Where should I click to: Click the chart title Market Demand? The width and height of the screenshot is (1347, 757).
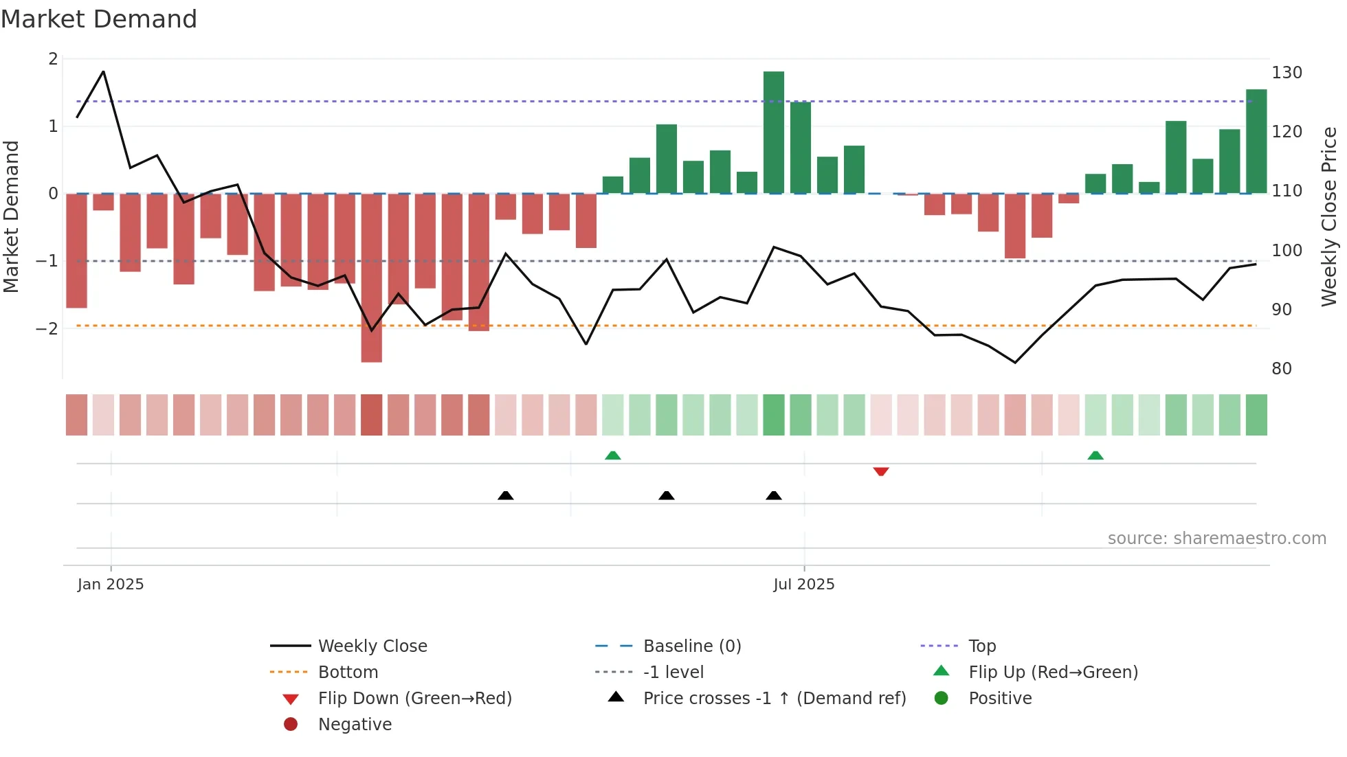(x=99, y=19)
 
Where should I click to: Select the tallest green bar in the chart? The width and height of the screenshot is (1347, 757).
(x=773, y=132)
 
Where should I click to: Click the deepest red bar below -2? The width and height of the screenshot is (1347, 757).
(x=371, y=278)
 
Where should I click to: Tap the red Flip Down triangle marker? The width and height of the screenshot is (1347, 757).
(x=880, y=471)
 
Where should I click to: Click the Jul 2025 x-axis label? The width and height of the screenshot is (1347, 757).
(x=803, y=584)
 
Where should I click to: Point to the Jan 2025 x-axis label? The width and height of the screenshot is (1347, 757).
(x=111, y=584)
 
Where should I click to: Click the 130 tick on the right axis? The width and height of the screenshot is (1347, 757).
(x=1287, y=73)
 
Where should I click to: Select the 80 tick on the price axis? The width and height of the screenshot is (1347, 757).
(x=1281, y=369)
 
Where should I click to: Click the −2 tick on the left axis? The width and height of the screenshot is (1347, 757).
(x=47, y=328)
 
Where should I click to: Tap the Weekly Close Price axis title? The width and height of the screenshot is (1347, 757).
(x=1329, y=216)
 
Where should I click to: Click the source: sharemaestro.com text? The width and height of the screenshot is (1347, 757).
(x=1216, y=539)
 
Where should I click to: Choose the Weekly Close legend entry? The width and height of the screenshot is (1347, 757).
(x=372, y=646)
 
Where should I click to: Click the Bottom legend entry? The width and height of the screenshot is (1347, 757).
(x=348, y=672)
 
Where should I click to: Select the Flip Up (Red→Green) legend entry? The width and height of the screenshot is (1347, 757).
(x=1053, y=672)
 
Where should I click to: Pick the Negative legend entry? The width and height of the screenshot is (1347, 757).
(x=355, y=724)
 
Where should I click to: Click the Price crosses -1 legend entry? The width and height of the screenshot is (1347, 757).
(x=774, y=698)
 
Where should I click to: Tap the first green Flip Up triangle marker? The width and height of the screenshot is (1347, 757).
(x=612, y=455)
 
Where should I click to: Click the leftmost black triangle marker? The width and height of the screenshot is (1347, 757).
(x=505, y=495)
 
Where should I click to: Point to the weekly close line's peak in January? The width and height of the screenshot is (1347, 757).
(x=104, y=71)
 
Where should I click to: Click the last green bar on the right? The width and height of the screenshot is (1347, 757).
(x=1256, y=142)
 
